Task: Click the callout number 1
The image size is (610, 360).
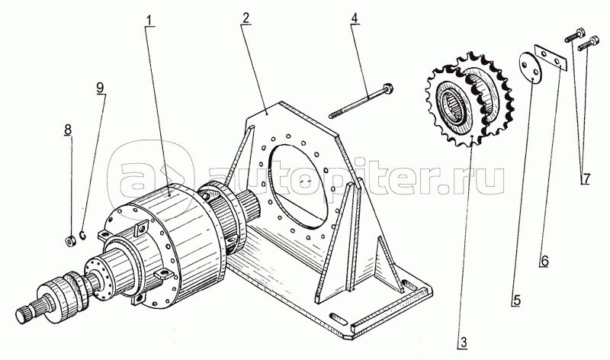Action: [x=150, y=20]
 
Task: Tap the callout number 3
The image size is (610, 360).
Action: [x=463, y=342]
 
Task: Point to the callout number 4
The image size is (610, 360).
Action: [x=355, y=18]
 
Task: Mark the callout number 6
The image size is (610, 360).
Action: [x=544, y=260]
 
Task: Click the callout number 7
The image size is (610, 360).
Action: [x=586, y=178]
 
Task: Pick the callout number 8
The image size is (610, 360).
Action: [x=69, y=130]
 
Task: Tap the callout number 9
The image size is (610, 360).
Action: [x=101, y=88]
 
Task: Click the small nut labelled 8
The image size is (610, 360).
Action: [x=69, y=242]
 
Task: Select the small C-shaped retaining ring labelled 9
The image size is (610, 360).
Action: [x=82, y=235]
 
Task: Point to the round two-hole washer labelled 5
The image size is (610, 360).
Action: [x=530, y=67]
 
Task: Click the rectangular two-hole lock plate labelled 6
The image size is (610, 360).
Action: [x=551, y=59]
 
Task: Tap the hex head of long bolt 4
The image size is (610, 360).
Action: [x=387, y=88]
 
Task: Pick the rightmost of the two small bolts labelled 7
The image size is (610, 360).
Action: [x=588, y=43]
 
